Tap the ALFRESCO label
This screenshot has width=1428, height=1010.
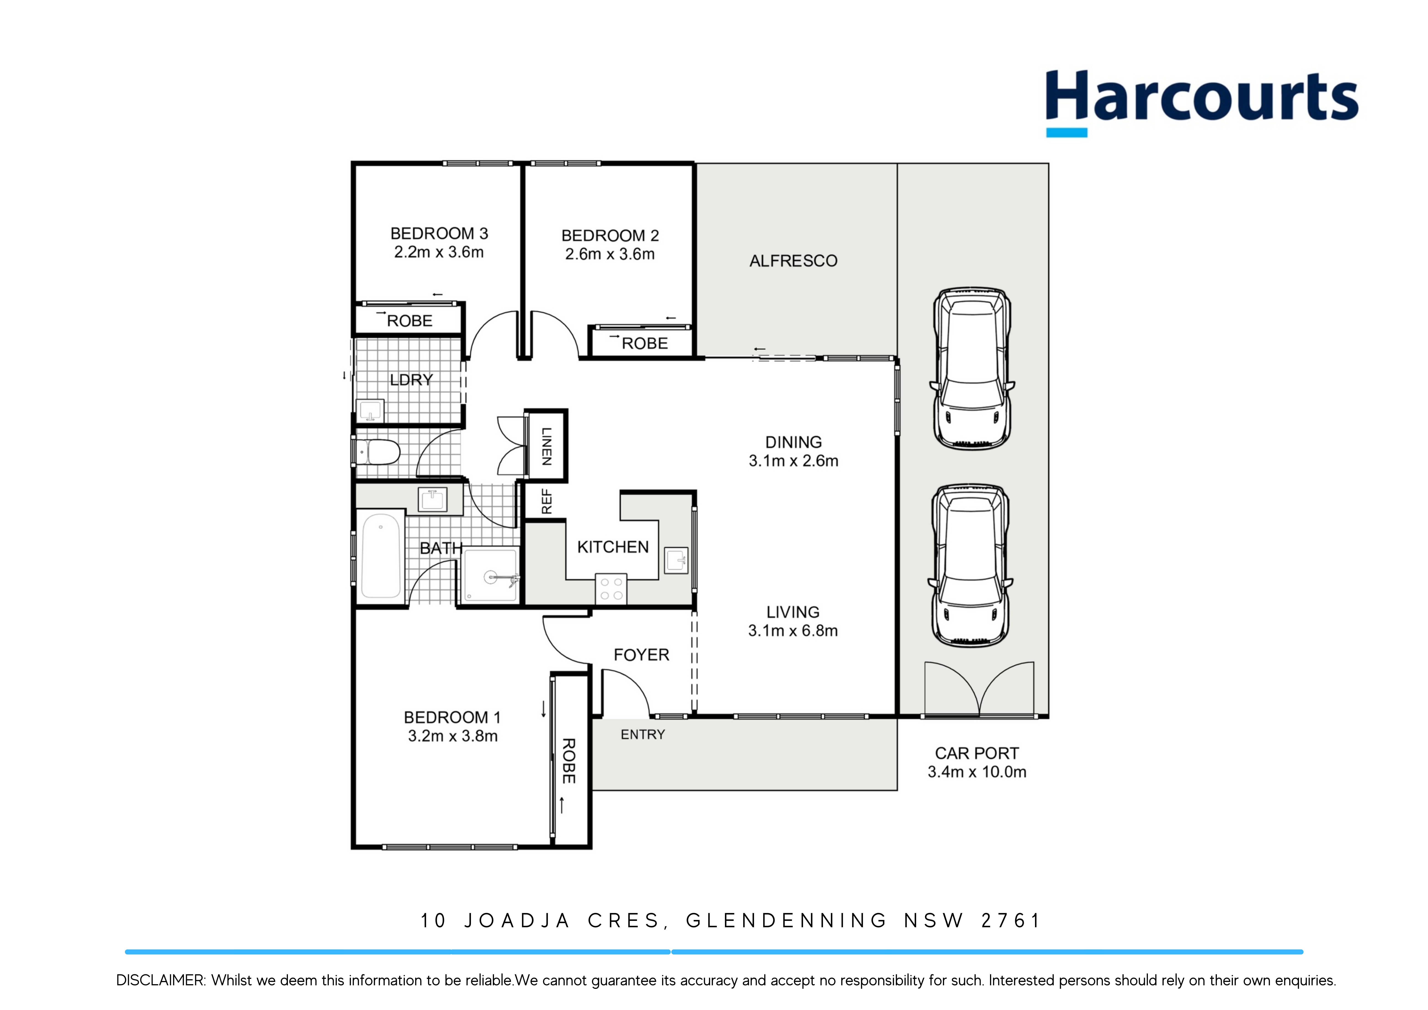pyautogui.click(x=793, y=261)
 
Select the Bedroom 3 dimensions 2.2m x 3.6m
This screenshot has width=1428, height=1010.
pyautogui.click(x=438, y=252)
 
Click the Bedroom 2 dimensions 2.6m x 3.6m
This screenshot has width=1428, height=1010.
pyautogui.click(x=610, y=254)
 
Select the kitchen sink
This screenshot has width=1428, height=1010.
pyautogui.click(x=676, y=560)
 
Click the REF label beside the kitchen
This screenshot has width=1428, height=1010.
pyautogui.click(x=546, y=501)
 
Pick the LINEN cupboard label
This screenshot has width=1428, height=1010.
pyautogui.click(x=546, y=446)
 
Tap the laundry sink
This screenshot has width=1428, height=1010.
pyautogui.click(x=370, y=411)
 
